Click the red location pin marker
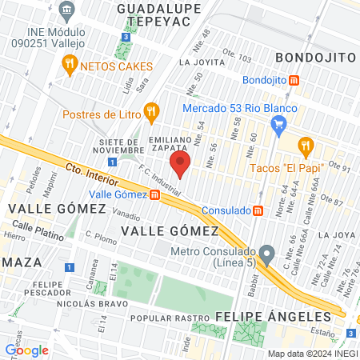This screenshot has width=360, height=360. pos(180,166)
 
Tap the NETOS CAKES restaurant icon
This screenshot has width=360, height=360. pos(70,64)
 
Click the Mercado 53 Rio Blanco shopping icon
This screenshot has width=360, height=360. pos(278,124)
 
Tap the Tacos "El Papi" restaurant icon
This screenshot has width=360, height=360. pos(305,146)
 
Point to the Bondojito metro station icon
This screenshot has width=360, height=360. pos(294,81)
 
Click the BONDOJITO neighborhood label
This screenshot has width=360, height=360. pos(314,58)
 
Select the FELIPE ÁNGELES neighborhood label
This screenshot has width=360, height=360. pos(262,316)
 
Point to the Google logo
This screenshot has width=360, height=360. pos(26,350)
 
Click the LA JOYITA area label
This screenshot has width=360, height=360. pos(200,62)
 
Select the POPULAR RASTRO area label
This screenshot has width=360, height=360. pos(162,318)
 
